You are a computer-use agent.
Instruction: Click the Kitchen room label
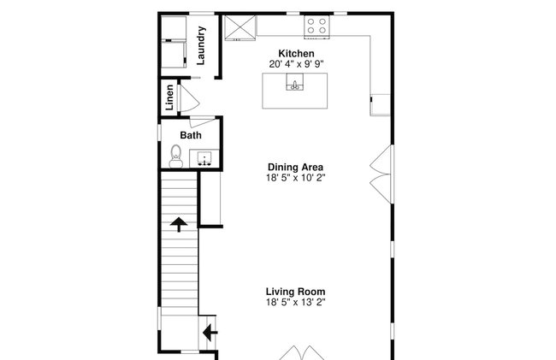[296, 54]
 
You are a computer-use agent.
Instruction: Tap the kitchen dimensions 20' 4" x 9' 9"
[296, 64]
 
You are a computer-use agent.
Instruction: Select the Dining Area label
[295, 167]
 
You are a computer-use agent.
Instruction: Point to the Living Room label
[295, 292]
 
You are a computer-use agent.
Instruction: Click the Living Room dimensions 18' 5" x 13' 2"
[296, 302]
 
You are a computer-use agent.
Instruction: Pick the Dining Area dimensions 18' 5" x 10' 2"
[296, 178]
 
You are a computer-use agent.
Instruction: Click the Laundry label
[201, 45]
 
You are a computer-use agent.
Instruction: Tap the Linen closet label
[169, 97]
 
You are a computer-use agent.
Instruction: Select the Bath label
[191, 135]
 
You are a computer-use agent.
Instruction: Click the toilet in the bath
[176, 156]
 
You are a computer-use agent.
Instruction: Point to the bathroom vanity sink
[204, 158]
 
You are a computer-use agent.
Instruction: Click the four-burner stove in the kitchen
[316, 27]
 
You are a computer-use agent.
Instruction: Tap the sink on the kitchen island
[294, 82]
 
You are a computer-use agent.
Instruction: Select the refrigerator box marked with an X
[240, 27]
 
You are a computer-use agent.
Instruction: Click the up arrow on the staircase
[179, 224]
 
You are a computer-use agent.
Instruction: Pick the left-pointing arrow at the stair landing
[210, 333]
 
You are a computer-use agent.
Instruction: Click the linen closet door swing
[190, 98]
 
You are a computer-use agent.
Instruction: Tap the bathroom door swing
[203, 121]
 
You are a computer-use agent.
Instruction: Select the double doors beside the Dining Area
[382, 174]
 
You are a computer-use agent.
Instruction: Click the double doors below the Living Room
[301, 353]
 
